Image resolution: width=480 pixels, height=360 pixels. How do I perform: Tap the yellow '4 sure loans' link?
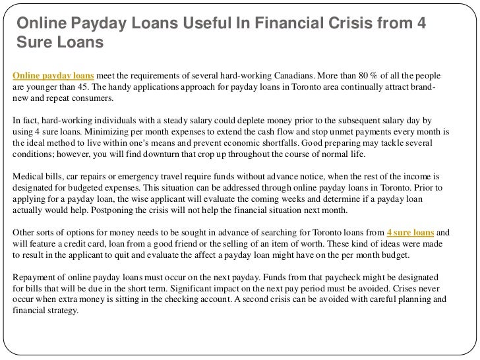(x=411, y=233)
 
